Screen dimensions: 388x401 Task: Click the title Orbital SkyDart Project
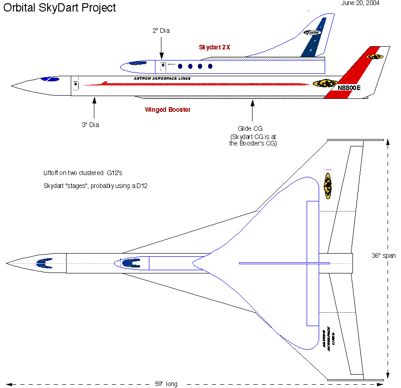60,8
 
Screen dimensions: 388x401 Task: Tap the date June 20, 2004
360,3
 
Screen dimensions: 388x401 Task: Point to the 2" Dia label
161,31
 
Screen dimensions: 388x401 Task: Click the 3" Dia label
91,125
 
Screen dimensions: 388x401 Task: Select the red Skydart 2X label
215,47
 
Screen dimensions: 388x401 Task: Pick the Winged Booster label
167,110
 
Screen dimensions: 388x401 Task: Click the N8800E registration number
349,88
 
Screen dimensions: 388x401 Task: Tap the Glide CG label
252,128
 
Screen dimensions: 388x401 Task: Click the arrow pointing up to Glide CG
252,110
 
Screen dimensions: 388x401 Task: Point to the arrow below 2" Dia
161,47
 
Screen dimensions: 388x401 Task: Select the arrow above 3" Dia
94,108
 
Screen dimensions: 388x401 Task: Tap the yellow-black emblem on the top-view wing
328,186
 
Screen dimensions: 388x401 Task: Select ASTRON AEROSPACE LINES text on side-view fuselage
161,79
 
